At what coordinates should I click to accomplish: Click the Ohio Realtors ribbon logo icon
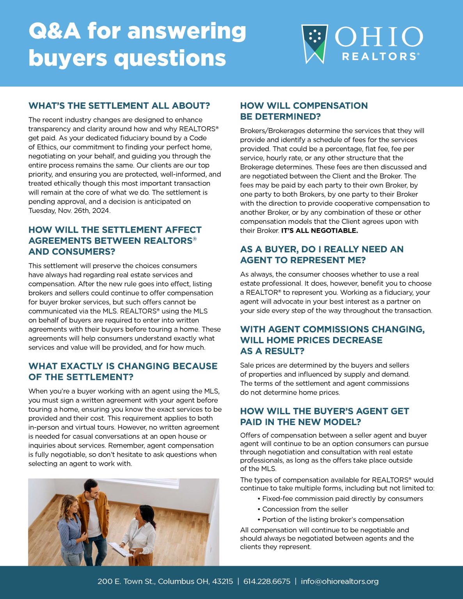pyautogui.click(x=314, y=43)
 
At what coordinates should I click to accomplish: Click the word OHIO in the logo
pyautogui.click(x=378, y=37)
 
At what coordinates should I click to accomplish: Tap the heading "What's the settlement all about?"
pyautogui.click(x=119, y=106)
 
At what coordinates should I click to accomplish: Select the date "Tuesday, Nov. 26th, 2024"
pyautogui.click(x=69, y=211)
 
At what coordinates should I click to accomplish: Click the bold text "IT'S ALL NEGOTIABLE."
pyautogui.click(x=319, y=230)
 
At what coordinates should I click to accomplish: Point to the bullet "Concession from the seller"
pyautogui.click(x=305, y=509)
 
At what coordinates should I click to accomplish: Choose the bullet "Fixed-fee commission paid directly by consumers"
pyautogui.click(x=342, y=498)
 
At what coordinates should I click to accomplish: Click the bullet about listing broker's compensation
pyautogui.click(x=333, y=519)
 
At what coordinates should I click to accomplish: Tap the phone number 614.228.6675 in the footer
pyautogui.click(x=267, y=581)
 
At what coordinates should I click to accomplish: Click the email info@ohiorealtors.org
pyautogui.click(x=339, y=581)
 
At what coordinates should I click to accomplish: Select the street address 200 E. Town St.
pyautogui.click(x=126, y=581)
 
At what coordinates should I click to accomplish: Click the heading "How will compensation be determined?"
pyautogui.click(x=303, y=111)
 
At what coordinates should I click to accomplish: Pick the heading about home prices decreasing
pyautogui.click(x=332, y=340)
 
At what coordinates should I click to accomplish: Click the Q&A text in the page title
pyautogui.click(x=54, y=31)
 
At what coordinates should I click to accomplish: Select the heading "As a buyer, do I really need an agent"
pyautogui.click(x=321, y=255)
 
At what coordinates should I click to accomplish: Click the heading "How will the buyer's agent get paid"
pyautogui.click(x=324, y=416)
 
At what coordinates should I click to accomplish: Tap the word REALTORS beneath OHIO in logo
pyautogui.click(x=379, y=57)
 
